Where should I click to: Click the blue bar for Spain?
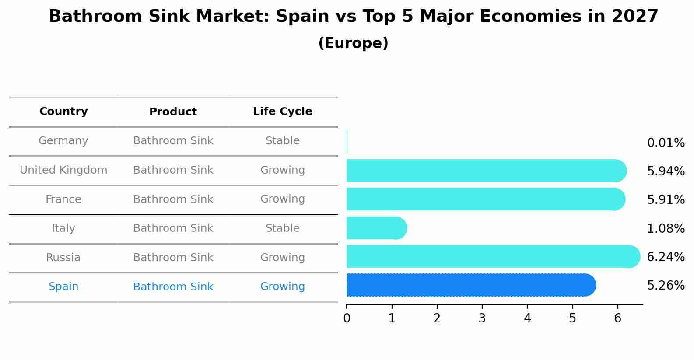(470, 285)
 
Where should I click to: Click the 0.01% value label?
(666, 143)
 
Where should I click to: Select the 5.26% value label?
(666, 286)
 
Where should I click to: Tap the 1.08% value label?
(666, 228)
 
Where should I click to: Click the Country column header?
(63, 112)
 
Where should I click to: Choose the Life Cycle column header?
(282, 112)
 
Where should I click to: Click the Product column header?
(173, 112)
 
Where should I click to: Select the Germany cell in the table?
(63, 141)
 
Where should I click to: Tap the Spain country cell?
(63, 287)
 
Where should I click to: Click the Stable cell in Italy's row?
(282, 228)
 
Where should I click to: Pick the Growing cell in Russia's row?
(282, 258)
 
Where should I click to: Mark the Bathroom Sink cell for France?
(173, 199)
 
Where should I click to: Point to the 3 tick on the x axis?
(482, 318)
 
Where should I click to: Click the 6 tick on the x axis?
(617, 318)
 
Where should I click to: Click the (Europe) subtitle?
(353, 43)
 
